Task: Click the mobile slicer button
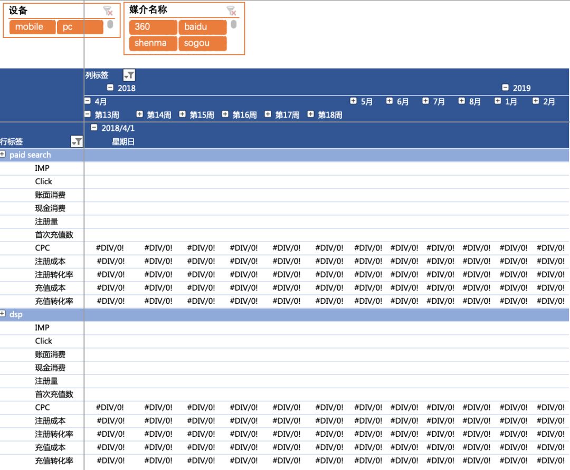tap(32, 27)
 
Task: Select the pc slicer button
tap(80, 27)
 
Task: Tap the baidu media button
tap(203, 27)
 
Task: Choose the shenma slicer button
tap(153, 43)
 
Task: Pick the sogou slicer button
tap(203, 43)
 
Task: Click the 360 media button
tap(153, 27)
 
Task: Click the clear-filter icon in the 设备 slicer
tap(108, 11)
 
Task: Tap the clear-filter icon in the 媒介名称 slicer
tap(231, 11)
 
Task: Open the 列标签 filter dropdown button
tap(129, 75)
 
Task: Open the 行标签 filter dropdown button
tap(77, 142)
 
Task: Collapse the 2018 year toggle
tap(110, 88)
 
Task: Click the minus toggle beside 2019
tap(505, 88)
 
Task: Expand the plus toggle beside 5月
tap(353, 101)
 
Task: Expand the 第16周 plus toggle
tap(225, 114)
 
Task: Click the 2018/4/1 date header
tap(118, 128)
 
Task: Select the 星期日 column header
tap(123, 142)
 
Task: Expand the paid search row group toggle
tap(3, 155)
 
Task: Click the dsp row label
tap(16, 314)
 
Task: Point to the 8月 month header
tap(475, 102)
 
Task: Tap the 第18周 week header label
tap(330, 115)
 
